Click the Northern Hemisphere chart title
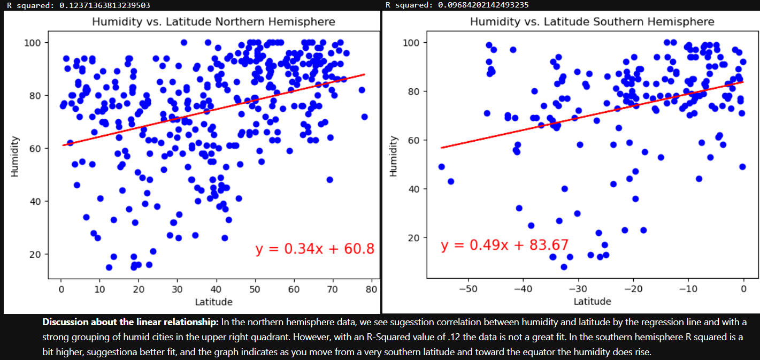[213, 22]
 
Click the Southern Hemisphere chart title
[592, 22]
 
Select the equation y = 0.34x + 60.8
[314, 249]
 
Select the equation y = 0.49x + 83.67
[504, 246]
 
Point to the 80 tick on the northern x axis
[371, 289]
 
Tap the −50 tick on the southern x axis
[468, 289]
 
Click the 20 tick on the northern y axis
[36, 254]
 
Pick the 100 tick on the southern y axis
[414, 42]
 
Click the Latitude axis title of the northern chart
[213, 302]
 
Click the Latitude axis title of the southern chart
[592, 302]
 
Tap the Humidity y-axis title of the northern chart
[15, 156]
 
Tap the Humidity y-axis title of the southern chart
[394, 156]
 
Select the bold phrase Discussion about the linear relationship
[130, 322]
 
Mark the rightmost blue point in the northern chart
[365, 117]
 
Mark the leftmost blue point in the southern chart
[441, 166]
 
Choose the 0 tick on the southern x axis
[743, 289]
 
